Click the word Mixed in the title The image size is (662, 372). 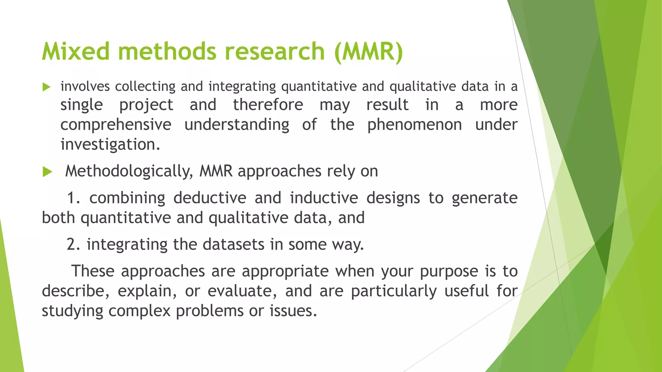point(76,51)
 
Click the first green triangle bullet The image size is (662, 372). point(47,87)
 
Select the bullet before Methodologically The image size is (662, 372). point(47,172)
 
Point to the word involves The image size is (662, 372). point(85,87)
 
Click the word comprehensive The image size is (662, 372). point(116,125)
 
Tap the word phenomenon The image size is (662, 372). point(414,125)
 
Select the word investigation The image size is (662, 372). point(110,144)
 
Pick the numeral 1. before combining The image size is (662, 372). point(73,198)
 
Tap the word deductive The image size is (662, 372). point(210,198)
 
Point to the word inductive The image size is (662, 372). point(324,198)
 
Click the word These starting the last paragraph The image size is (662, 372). point(93,271)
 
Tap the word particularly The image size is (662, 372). point(394,291)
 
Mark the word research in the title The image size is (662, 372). point(274,51)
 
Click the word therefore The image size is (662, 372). point(268,105)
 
